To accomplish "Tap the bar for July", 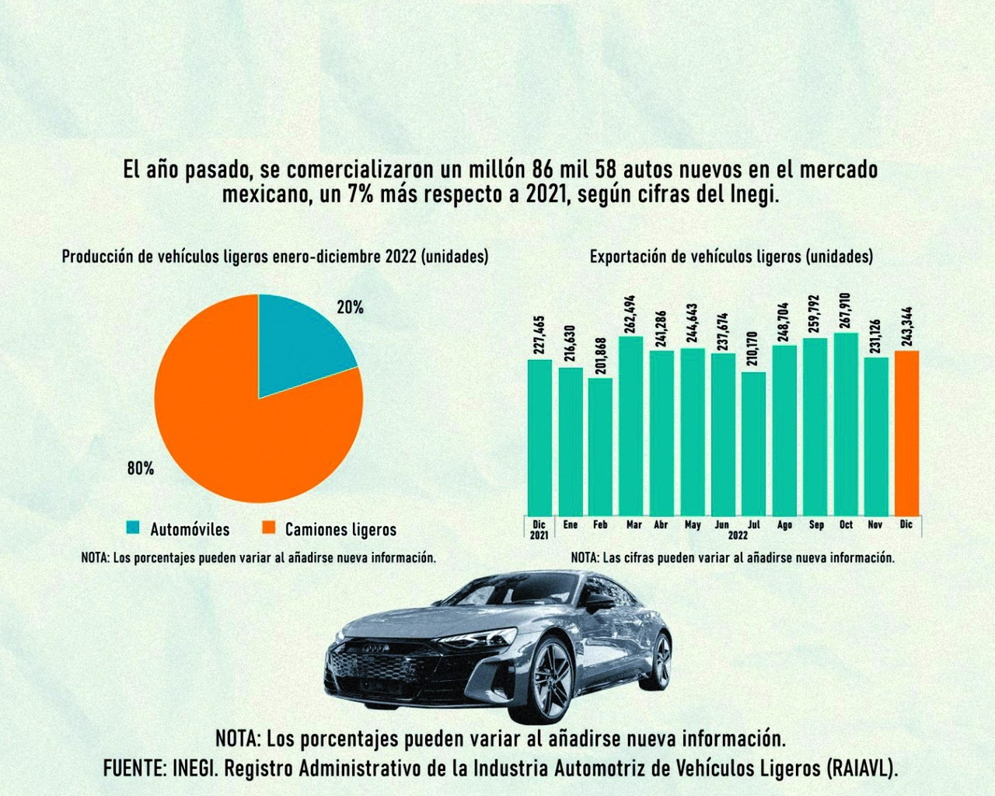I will point(753,443).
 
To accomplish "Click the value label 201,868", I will point(601,355).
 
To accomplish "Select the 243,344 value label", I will point(907,327).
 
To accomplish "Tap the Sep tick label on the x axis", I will point(816,525).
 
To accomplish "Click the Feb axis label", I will point(600,525).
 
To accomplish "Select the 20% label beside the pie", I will point(350,308).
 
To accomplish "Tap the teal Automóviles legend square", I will point(134,528).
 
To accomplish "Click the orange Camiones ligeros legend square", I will point(269,528).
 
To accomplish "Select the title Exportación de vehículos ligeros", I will point(731,256).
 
